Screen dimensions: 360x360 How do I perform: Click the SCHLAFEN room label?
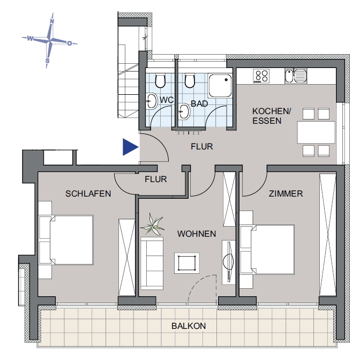tap(88, 193)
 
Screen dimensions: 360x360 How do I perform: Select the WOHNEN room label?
tap(197, 234)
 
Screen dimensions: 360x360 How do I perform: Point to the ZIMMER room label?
tap(287, 193)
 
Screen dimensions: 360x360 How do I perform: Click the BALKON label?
tap(189, 326)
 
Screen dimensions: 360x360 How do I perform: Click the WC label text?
tap(167, 100)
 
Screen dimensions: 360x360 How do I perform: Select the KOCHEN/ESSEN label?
tap(272, 116)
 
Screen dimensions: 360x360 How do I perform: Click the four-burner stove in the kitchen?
tap(261, 76)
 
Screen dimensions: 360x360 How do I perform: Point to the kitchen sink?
tap(296, 76)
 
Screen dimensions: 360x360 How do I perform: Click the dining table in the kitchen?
tap(316, 132)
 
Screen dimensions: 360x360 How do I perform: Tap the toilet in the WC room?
tap(160, 81)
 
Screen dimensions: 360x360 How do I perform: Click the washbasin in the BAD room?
tap(184, 112)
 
